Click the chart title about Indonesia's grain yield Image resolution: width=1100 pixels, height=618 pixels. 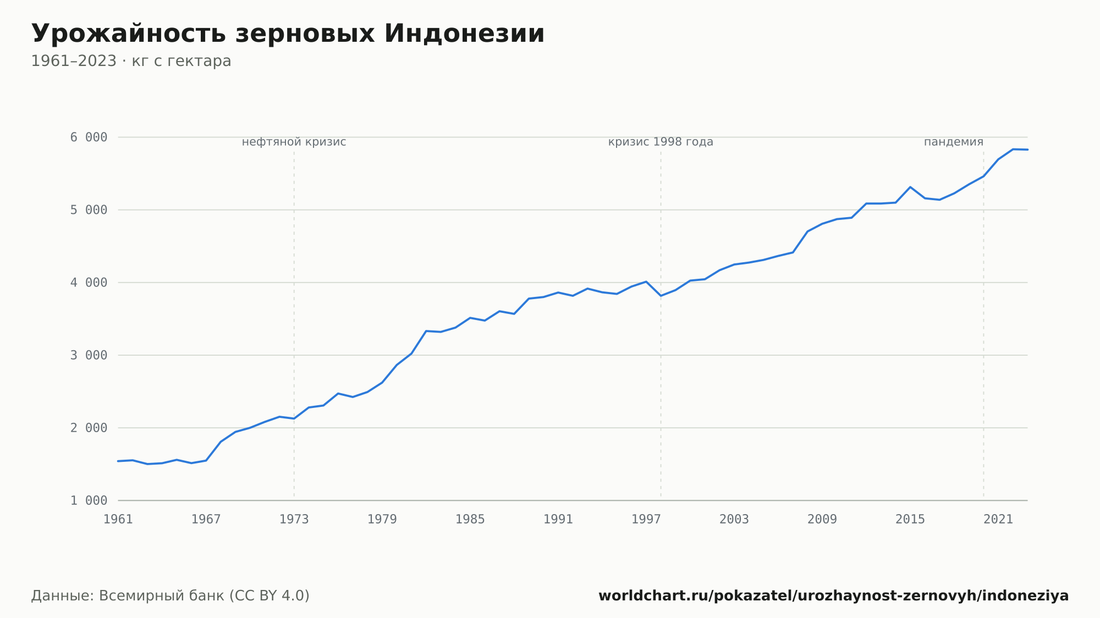(288, 34)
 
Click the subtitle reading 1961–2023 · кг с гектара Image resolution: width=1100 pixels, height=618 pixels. (131, 61)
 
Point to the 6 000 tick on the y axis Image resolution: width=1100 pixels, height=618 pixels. (89, 137)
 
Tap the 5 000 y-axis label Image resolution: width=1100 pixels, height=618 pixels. (89, 210)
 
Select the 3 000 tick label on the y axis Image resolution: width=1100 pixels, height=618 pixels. (89, 355)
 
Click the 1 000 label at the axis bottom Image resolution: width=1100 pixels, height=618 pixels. (89, 500)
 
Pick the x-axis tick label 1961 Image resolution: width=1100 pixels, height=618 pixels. (118, 520)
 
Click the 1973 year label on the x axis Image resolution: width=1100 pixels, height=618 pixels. (294, 520)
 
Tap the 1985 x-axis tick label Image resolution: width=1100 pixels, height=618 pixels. (470, 520)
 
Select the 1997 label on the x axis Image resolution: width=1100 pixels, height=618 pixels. (646, 520)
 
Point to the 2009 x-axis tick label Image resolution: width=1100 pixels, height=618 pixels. (822, 520)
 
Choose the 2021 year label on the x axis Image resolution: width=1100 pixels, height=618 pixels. (998, 520)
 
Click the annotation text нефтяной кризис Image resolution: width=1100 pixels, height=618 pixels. (294, 142)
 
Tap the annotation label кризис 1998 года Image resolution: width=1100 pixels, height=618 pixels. (661, 142)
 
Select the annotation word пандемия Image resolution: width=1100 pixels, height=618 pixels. (954, 142)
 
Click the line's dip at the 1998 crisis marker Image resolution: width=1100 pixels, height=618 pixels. (661, 296)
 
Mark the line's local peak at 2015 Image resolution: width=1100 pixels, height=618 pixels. (910, 187)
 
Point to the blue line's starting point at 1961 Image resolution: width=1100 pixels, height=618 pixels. (118, 461)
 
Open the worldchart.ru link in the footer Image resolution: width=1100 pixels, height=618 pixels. (834, 596)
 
